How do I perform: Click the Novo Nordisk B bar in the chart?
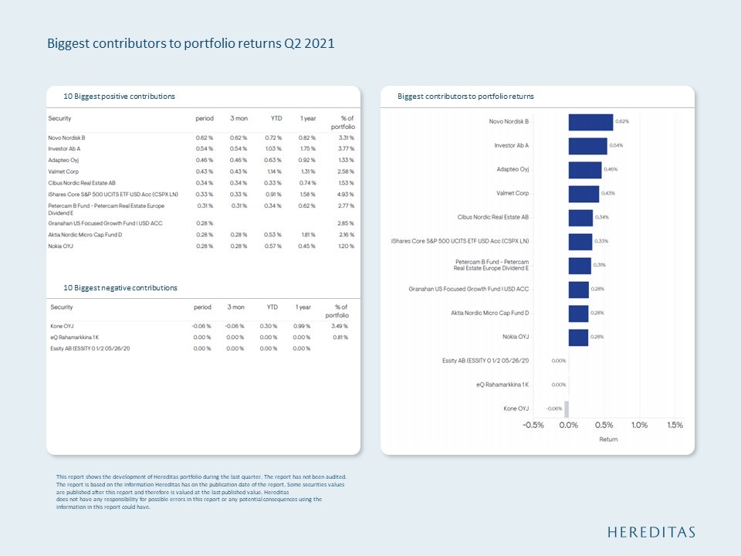pyautogui.click(x=590, y=122)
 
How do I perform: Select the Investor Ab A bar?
pyautogui.click(x=587, y=146)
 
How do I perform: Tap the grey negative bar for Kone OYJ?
pyautogui.click(x=567, y=409)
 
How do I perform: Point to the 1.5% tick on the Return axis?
pyautogui.click(x=675, y=425)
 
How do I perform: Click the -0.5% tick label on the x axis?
pyautogui.click(x=533, y=425)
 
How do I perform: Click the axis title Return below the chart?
pyautogui.click(x=608, y=439)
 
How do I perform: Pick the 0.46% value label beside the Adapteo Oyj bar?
pyautogui.click(x=611, y=169)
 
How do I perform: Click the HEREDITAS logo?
pyautogui.click(x=651, y=532)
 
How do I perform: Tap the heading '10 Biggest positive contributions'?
pyautogui.click(x=119, y=97)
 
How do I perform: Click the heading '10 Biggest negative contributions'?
pyautogui.click(x=120, y=288)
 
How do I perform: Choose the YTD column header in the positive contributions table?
pyautogui.click(x=274, y=119)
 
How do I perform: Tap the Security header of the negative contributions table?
pyautogui.click(x=62, y=307)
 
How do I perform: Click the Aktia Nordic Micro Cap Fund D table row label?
pyautogui.click(x=85, y=234)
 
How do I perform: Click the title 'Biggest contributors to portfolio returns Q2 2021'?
pyautogui.click(x=191, y=44)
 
